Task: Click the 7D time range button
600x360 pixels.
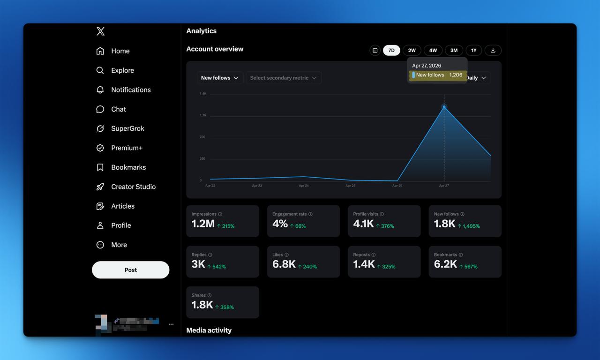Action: coord(391,50)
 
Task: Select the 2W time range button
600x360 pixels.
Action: coord(412,50)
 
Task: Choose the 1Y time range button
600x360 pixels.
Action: coord(473,50)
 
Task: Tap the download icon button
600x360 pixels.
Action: coord(493,50)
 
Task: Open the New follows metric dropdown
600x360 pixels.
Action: coord(219,78)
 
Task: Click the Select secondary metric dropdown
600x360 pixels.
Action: coord(283,78)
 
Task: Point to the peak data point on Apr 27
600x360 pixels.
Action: coord(444,107)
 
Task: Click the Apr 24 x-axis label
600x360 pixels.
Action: coord(304,186)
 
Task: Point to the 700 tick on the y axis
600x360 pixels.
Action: coord(202,137)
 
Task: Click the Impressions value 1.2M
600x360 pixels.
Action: coord(203,224)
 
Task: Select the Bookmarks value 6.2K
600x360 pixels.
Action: coord(445,264)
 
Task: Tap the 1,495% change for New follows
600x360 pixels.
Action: coord(469,226)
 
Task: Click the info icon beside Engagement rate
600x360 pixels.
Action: coord(310,214)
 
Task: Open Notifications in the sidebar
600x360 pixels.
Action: coord(131,90)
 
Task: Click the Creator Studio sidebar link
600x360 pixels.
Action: coord(133,187)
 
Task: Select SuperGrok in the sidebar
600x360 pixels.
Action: coord(127,128)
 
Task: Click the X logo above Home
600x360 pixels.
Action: coord(100,31)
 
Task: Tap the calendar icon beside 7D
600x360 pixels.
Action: coord(375,50)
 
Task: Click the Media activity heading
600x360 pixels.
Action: coord(209,330)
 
